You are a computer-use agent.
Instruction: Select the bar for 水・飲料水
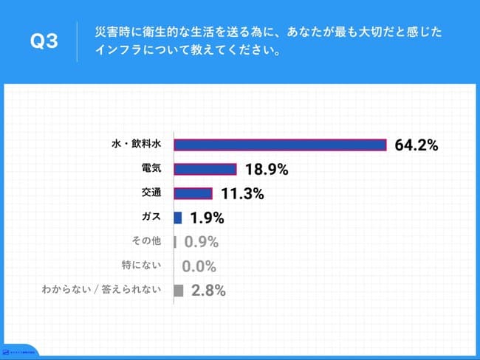click(x=280, y=145)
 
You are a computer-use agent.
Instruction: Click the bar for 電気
click(x=205, y=170)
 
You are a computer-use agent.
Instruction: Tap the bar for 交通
click(x=193, y=194)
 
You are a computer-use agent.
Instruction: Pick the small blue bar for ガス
click(x=177, y=218)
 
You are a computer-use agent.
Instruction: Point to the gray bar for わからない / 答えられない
click(x=178, y=290)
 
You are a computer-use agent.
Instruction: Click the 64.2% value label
click(x=416, y=145)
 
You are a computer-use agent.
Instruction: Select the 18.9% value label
click(x=266, y=170)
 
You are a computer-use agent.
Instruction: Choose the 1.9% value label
click(x=207, y=218)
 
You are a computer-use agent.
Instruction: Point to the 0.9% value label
click(x=201, y=242)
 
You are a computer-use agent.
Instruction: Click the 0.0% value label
click(x=199, y=266)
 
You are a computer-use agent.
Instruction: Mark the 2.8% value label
click(x=208, y=290)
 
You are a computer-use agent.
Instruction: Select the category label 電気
click(x=151, y=169)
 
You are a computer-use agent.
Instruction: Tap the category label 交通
click(x=151, y=193)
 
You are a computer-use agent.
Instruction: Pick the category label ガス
click(x=151, y=218)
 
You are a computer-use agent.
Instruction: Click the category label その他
click(x=145, y=241)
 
